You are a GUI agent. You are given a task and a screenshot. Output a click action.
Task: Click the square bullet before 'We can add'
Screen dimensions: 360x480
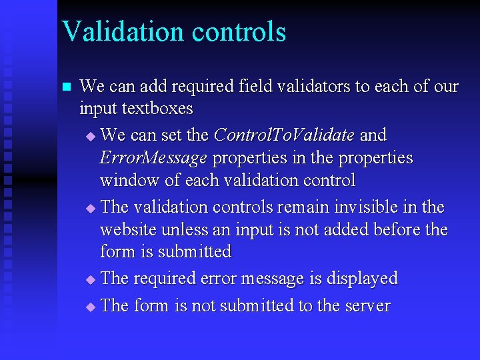[65, 87]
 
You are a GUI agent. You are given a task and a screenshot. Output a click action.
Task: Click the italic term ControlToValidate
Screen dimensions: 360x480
[284, 135]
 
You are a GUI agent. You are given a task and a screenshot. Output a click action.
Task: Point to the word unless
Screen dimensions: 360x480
[189, 230]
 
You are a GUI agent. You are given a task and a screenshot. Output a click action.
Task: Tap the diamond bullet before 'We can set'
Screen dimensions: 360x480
[91, 137]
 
